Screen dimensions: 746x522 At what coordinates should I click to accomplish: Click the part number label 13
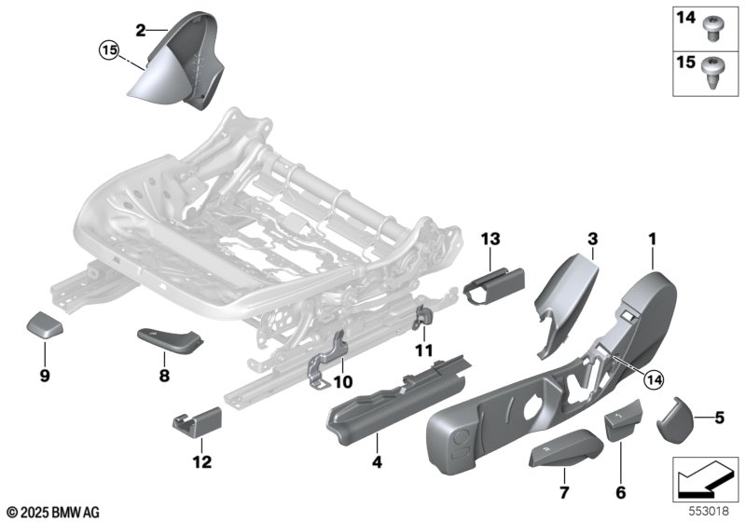coord(490,239)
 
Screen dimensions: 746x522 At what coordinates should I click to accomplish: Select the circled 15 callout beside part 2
coord(109,50)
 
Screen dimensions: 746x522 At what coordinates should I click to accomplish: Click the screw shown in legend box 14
coord(711,28)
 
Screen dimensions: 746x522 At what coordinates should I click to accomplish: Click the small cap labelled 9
coord(44,324)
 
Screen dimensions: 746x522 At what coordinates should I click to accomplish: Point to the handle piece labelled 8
coord(170,341)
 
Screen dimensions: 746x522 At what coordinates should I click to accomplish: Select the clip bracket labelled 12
coord(197,422)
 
